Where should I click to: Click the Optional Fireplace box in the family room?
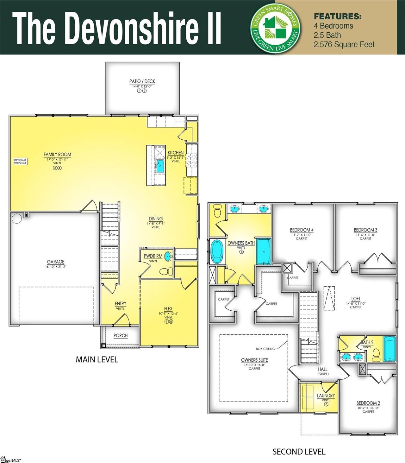pos(20,161)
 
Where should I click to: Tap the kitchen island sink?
pos(159,166)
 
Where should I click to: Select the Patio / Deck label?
pos(142,81)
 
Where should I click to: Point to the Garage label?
pos(56,262)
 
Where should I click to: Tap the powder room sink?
pos(169,256)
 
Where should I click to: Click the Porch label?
pos(121,335)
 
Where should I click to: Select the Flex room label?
pos(168,309)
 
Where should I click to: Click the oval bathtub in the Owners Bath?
pos(217,251)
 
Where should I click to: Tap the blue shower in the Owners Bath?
pos(264,251)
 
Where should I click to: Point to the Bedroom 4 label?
pos(302,230)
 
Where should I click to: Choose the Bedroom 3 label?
pos(365,230)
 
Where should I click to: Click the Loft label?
pos(356,299)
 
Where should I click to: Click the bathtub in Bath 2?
pos(389,349)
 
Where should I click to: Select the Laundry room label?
pos(326,396)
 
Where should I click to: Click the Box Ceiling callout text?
pos(265,349)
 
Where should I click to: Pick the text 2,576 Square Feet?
pos(344,45)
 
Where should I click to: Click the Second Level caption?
pos(299,451)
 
